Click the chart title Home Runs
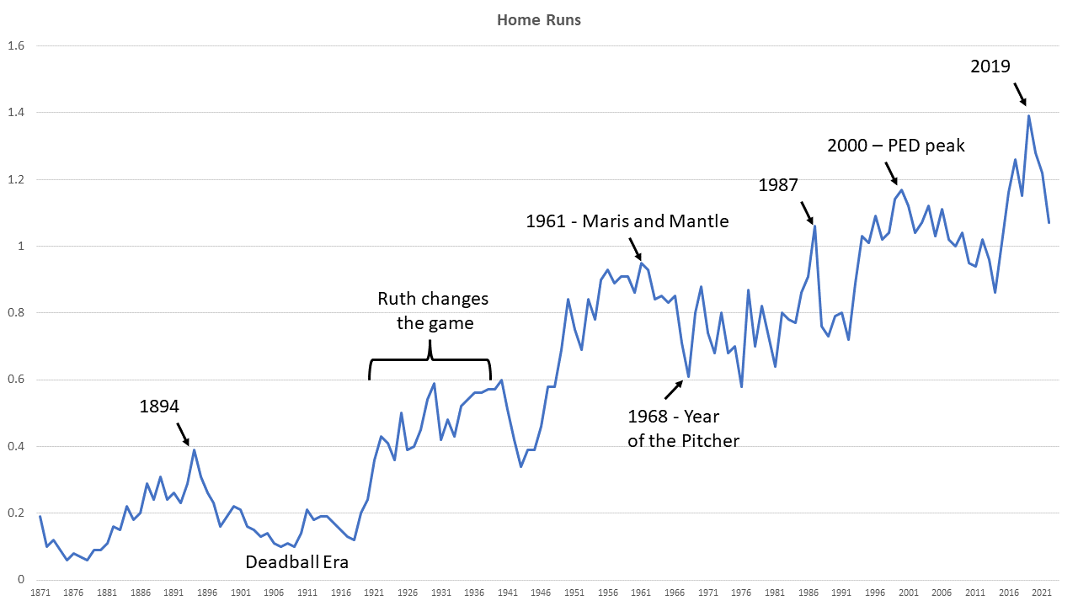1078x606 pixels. [538, 19]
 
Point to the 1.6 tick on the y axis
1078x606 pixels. [17, 46]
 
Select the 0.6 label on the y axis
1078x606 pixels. [17, 380]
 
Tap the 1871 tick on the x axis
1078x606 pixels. [40, 593]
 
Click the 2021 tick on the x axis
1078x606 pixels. [1042, 593]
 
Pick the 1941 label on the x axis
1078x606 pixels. [507, 593]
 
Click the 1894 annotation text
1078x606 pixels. [159, 407]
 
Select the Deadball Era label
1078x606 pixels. [296, 561]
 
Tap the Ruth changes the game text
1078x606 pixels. [432, 311]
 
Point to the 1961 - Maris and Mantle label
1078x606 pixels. [627, 221]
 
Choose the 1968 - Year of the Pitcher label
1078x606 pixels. [683, 428]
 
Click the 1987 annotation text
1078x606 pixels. [778, 185]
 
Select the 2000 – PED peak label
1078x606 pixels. [896, 146]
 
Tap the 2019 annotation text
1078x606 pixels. [990, 66]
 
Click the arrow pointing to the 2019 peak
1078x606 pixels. [1020, 93]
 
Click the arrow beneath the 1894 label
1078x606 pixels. [183, 433]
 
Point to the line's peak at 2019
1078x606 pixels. [1028, 116]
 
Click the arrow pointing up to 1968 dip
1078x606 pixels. [674, 389]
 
